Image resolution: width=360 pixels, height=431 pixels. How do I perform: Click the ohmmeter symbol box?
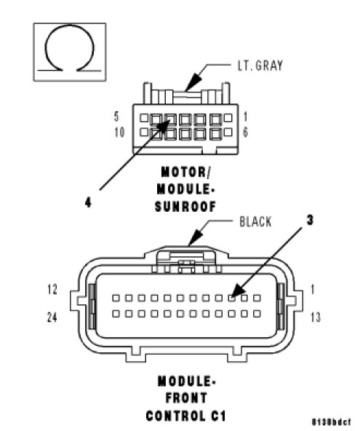click(x=70, y=52)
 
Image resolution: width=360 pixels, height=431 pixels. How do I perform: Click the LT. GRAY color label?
click(x=260, y=66)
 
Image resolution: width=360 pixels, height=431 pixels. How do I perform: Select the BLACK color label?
click(x=255, y=222)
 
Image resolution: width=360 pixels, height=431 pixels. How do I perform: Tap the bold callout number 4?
click(x=88, y=203)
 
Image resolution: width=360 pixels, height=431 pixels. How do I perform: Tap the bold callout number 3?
click(x=310, y=220)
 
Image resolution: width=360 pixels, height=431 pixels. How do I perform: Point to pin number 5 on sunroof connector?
click(x=116, y=116)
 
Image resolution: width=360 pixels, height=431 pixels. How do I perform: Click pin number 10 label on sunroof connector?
click(x=119, y=133)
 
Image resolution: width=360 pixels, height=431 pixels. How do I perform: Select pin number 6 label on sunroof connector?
click(x=245, y=133)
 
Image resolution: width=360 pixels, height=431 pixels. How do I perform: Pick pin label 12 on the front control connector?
click(x=52, y=290)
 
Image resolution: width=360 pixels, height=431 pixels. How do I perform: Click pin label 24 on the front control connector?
click(x=52, y=317)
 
